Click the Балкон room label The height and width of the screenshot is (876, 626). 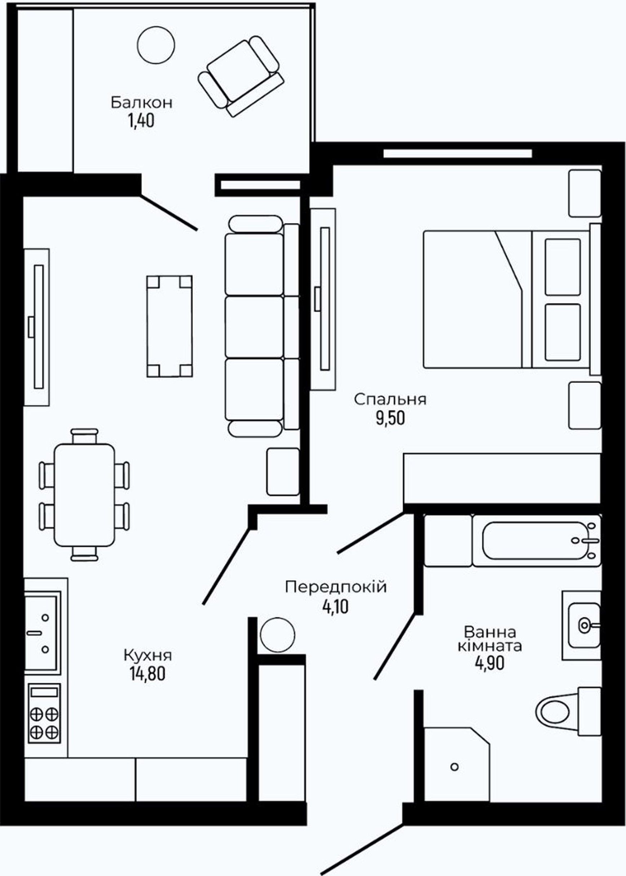[x=141, y=103]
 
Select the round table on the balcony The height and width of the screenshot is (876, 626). [x=156, y=45]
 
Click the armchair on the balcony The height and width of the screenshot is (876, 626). [x=241, y=76]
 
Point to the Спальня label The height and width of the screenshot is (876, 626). [x=390, y=400]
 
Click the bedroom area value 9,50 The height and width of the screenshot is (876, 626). [x=391, y=418]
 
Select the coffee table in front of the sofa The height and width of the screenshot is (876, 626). [x=169, y=326]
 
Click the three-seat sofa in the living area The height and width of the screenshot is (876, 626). [x=262, y=326]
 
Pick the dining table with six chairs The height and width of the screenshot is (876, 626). [x=84, y=495]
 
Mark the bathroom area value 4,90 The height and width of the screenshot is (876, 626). [x=490, y=663]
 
